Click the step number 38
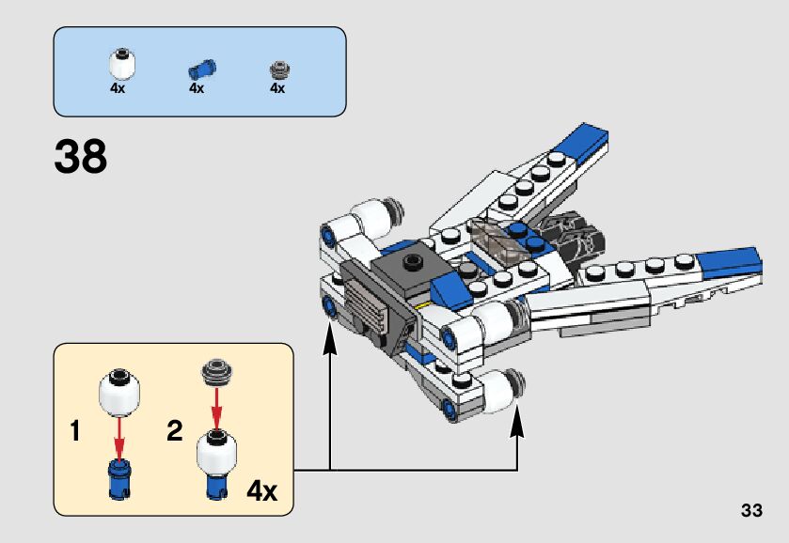(81, 157)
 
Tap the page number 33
(750, 511)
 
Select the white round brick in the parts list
(119, 66)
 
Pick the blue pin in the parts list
(199, 69)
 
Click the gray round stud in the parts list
(277, 70)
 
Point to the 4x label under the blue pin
(197, 89)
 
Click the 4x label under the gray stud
(276, 89)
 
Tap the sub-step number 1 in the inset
(76, 433)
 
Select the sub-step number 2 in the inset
(174, 433)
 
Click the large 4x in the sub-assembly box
(261, 490)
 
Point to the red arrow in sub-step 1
(120, 435)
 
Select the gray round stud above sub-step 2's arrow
(216, 373)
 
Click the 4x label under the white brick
(118, 89)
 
